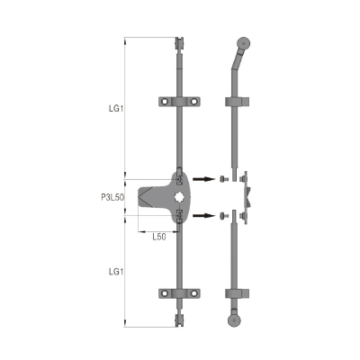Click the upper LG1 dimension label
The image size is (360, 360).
point(116,109)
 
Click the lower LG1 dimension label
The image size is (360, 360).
point(116,272)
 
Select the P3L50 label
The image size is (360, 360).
point(112,197)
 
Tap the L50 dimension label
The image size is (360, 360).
point(159,237)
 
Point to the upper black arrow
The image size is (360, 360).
point(203,179)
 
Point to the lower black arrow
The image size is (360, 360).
point(203,215)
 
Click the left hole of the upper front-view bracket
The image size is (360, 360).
point(165,102)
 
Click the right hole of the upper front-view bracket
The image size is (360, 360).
point(194,102)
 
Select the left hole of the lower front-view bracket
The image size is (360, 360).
point(165,293)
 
